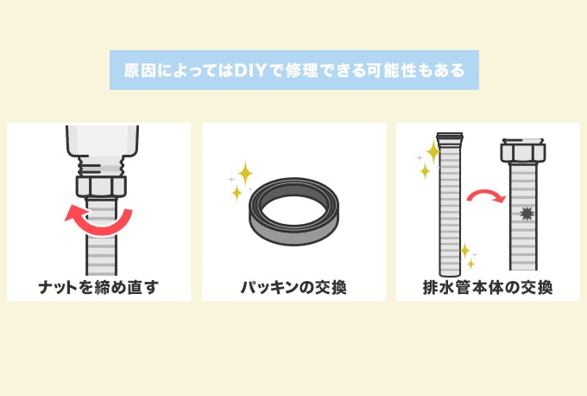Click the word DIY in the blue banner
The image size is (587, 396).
[x=248, y=71]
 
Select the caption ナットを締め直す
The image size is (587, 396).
[x=98, y=286]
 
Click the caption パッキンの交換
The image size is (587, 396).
[x=293, y=286]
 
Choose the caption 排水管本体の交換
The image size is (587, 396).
[x=488, y=286]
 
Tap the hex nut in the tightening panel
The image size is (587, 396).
[x=101, y=186]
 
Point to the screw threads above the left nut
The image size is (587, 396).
[x=101, y=162]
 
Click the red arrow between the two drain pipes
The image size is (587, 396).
[x=485, y=197]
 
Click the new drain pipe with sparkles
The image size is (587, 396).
[x=450, y=208]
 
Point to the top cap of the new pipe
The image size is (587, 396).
[x=450, y=136]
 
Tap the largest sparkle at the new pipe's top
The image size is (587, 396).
[x=432, y=151]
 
